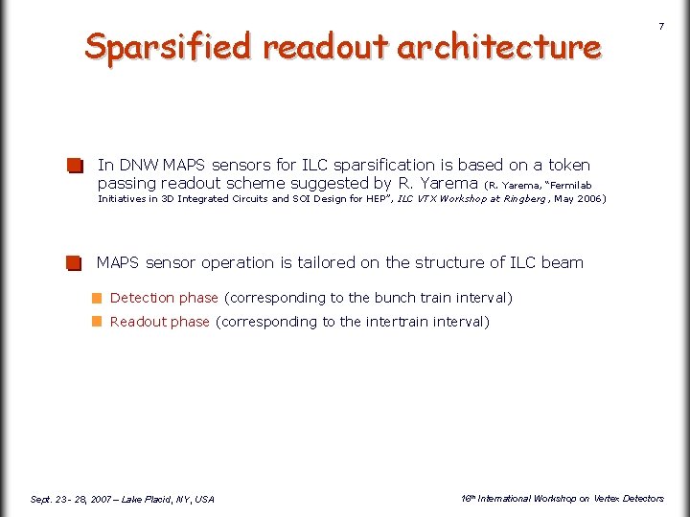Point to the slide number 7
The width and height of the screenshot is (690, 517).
[660, 27]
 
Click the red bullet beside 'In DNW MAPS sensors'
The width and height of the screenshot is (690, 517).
[75, 167]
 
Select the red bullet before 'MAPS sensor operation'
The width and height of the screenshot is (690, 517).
[75, 263]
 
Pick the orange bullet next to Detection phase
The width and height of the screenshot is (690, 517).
[97, 299]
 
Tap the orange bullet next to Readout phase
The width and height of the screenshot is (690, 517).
[97, 323]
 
